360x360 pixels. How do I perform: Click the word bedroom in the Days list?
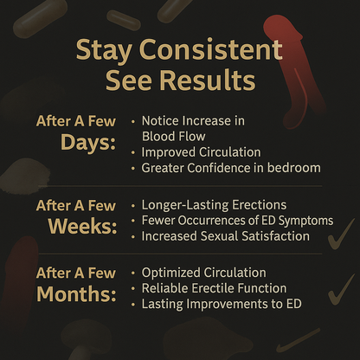point(294,167)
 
